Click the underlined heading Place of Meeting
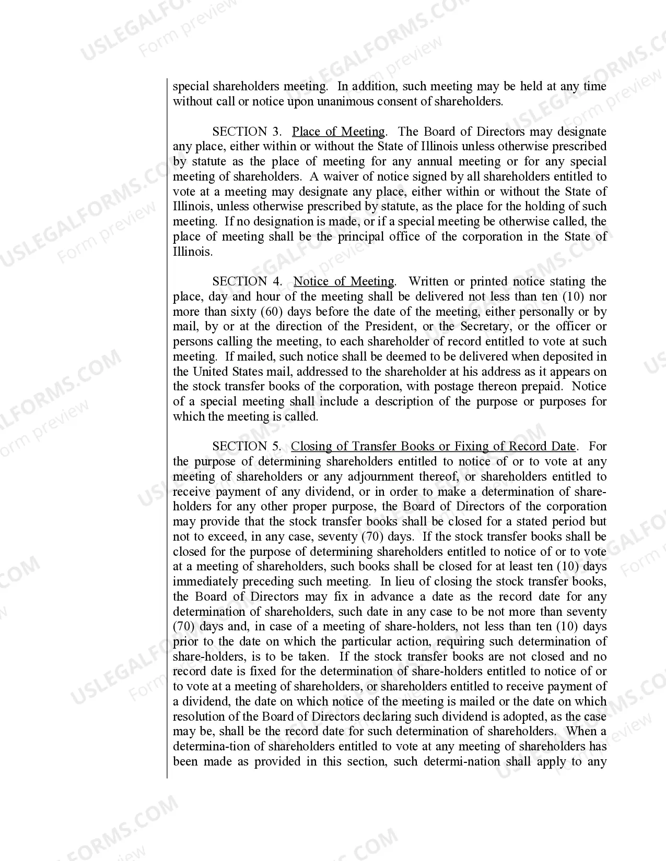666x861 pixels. click(338, 131)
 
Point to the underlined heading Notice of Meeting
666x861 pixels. click(344, 282)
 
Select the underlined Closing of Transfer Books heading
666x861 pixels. click(433, 447)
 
